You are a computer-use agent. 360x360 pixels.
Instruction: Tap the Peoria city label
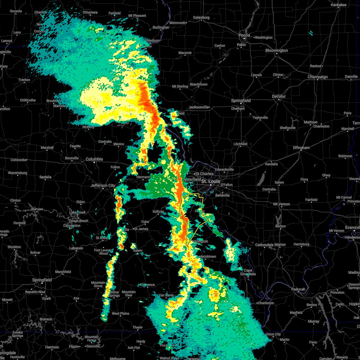(x=244, y=35)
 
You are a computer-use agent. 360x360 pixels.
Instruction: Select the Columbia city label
(x=94, y=159)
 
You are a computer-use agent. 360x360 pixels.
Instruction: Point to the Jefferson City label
(x=103, y=186)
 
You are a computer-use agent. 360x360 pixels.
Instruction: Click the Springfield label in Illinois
(x=241, y=100)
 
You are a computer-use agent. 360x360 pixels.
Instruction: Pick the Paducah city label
(x=298, y=289)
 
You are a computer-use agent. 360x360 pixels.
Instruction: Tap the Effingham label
(x=301, y=148)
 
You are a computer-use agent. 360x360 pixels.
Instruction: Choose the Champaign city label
(x=318, y=77)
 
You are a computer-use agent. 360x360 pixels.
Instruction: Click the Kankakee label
(x=338, y=5)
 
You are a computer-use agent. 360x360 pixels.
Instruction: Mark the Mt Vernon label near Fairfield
(x=282, y=204)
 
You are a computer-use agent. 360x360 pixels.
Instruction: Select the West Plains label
(x=120, y=313)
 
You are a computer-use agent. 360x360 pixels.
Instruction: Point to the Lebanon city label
(x=76, y=248)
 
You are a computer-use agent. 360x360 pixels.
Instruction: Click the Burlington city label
(x=161, y=27)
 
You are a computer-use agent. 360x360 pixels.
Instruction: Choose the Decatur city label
(x=279, y=96)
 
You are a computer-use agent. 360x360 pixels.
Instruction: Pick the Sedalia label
(x=45, y=177)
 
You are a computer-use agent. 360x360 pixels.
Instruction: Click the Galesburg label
(x=201, y=17)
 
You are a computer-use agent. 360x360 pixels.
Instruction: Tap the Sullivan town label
(x=158, y=211)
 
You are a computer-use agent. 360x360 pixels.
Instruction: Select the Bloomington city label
(x=277, y=51)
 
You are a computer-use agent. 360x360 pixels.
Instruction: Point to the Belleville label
(x=222, y=195)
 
